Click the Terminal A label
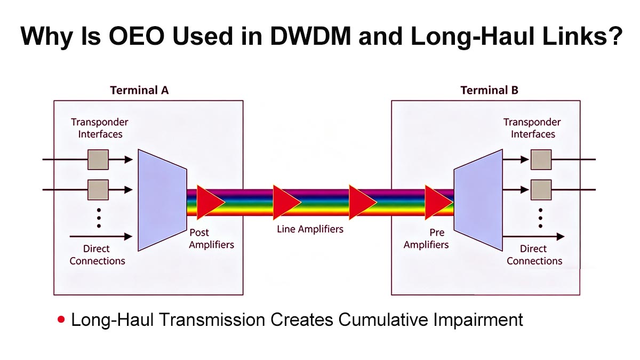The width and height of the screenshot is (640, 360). point(139,90)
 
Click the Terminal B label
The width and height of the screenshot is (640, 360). point(489,90)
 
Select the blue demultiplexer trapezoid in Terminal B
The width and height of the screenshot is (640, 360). point(478,200)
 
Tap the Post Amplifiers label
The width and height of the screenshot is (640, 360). point(211,239)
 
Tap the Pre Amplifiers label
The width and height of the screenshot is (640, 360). point(426,239)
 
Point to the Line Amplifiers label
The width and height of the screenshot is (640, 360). point(310,229)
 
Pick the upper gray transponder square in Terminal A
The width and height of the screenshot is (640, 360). point(98,159)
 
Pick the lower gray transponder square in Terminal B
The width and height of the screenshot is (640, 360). point(541,189)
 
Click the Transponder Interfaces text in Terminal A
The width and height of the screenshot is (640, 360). point(100,128)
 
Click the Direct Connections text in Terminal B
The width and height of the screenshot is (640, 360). point(534,254)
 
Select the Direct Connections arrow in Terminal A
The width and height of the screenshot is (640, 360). point(101,236)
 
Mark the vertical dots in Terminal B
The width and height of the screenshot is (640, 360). point(540,218)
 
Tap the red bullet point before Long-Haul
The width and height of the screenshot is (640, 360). point(61,320)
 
